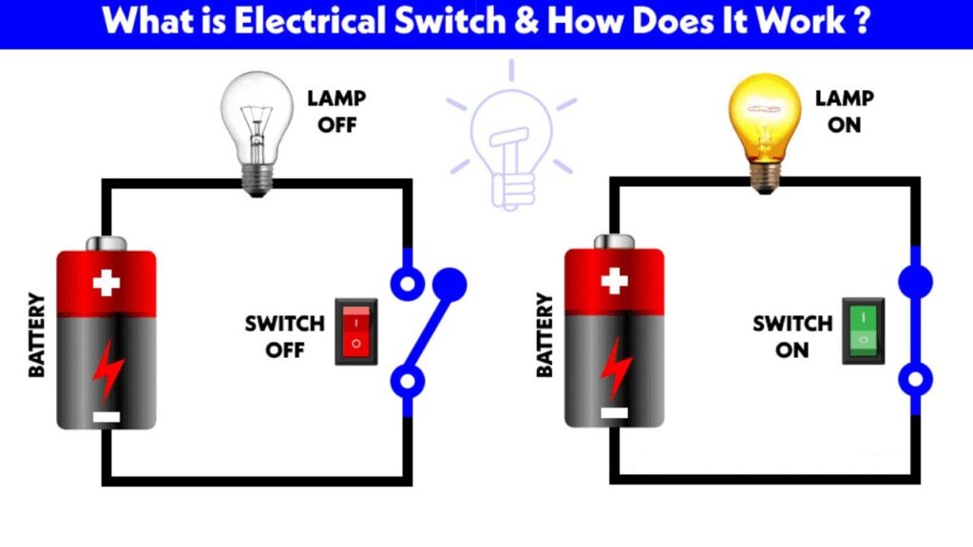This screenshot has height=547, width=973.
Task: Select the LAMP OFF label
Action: tap(336, 111)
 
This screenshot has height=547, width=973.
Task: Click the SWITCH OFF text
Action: tap(284, 336)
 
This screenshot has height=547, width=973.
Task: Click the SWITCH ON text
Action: tap(792, 336)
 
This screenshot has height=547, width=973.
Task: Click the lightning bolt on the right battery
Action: tap(615, 366)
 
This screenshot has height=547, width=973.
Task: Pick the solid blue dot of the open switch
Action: tap(450, 282)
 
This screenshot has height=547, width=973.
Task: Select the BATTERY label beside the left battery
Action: tap(37, 335)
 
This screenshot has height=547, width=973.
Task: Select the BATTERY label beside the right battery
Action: tap(544, 334)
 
